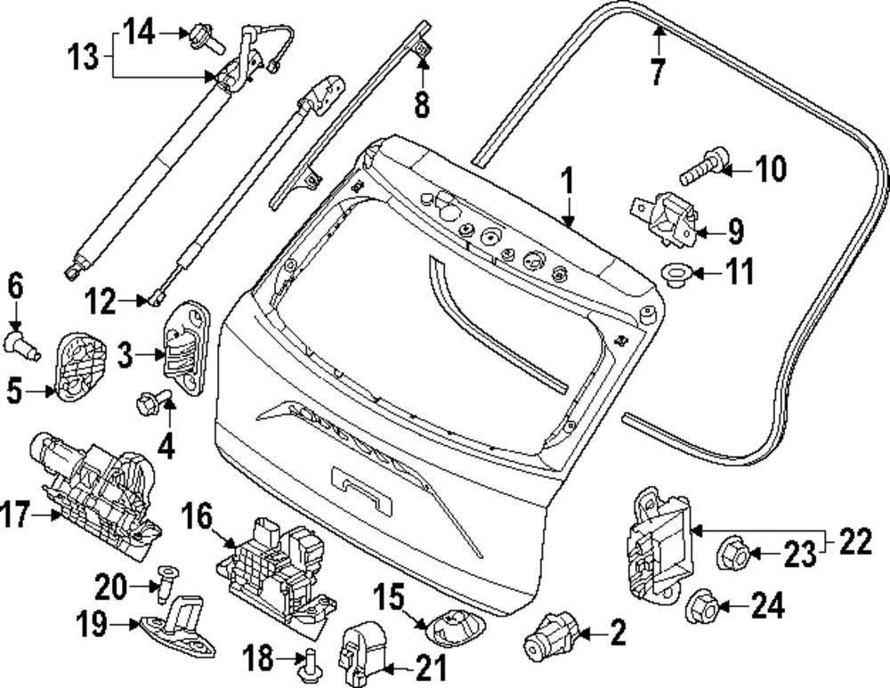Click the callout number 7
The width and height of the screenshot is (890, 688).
(657, 70)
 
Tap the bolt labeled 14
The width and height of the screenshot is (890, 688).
(201, 36)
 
